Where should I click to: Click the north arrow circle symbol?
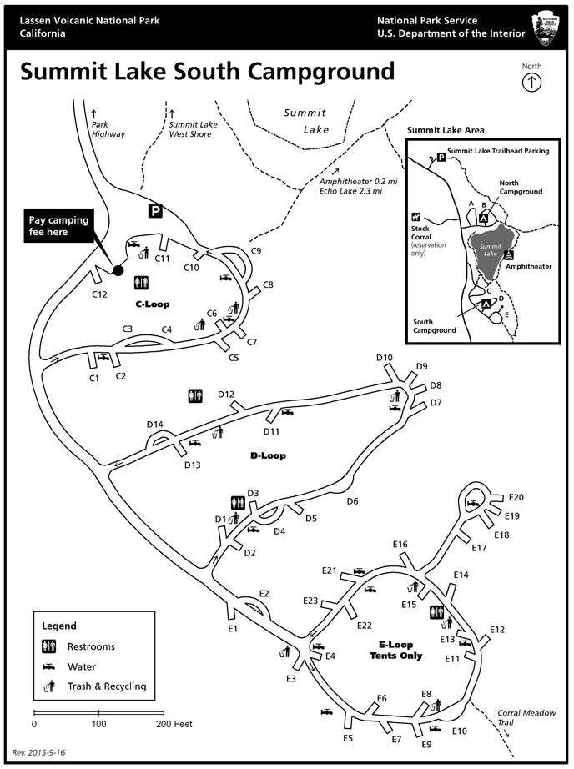[x=531, y=82]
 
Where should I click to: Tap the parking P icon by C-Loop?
[x=156, y=211]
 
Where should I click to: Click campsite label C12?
[x=100, y=294]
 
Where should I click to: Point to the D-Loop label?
[x=268, y=455]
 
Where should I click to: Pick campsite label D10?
[x=384, y=358]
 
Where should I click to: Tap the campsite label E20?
[x=515, y=497]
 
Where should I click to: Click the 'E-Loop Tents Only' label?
[x=395, y=650]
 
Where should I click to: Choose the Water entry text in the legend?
[x=83, y=666]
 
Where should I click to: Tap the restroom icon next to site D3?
[x=236, y=502]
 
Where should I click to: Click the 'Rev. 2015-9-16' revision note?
[x=38, y=751]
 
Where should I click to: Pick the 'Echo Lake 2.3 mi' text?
[x=350, y=191]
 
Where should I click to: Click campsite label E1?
[x=233, y=628]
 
